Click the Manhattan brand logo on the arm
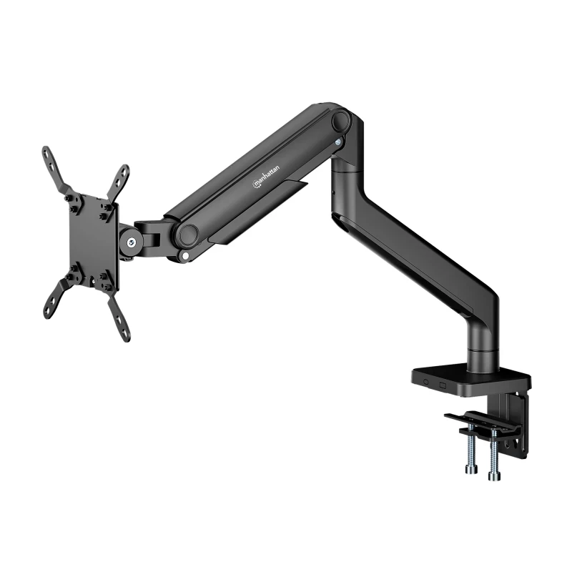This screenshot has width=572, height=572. tap(266, 177)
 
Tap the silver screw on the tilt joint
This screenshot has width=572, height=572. tap(131, 242)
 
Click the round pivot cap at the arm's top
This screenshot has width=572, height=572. tap(342, 119)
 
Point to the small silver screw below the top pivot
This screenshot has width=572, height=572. tap(339, 142)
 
